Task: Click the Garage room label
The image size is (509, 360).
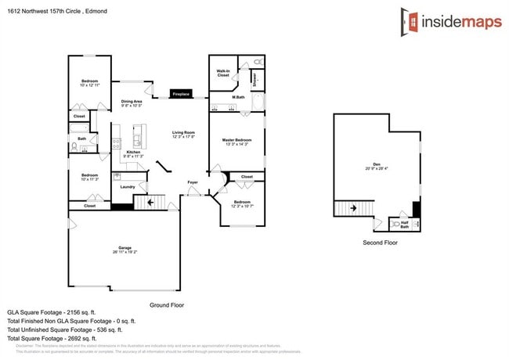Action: point(125,250)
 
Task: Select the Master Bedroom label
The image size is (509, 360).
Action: point(236,142)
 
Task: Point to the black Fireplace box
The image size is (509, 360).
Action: point(181,94)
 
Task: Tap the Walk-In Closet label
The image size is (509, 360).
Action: point(222,73)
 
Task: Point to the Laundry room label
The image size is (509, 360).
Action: point(128,186)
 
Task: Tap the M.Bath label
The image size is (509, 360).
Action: point(238,97)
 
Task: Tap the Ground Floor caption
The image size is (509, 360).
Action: point(166,304)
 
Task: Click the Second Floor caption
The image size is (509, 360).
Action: point(380,243)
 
